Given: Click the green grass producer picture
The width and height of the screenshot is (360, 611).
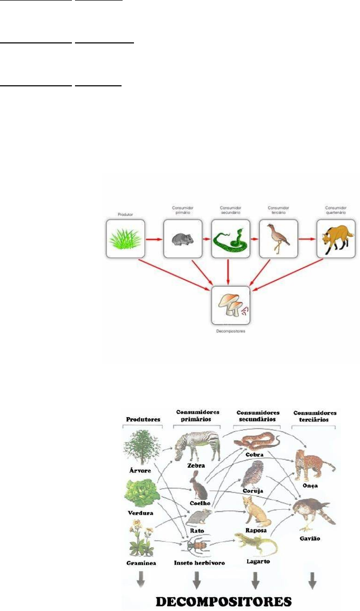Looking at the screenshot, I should (x=124, y=238).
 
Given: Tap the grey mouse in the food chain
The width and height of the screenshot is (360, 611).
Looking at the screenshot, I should (x=182, y=239).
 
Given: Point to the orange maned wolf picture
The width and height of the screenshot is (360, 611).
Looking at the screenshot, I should (x=336, y=239).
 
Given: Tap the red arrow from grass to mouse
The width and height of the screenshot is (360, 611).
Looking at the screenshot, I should (x=153, y=239).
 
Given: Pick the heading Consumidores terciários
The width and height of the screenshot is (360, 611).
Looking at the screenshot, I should (x=314, y=416).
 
